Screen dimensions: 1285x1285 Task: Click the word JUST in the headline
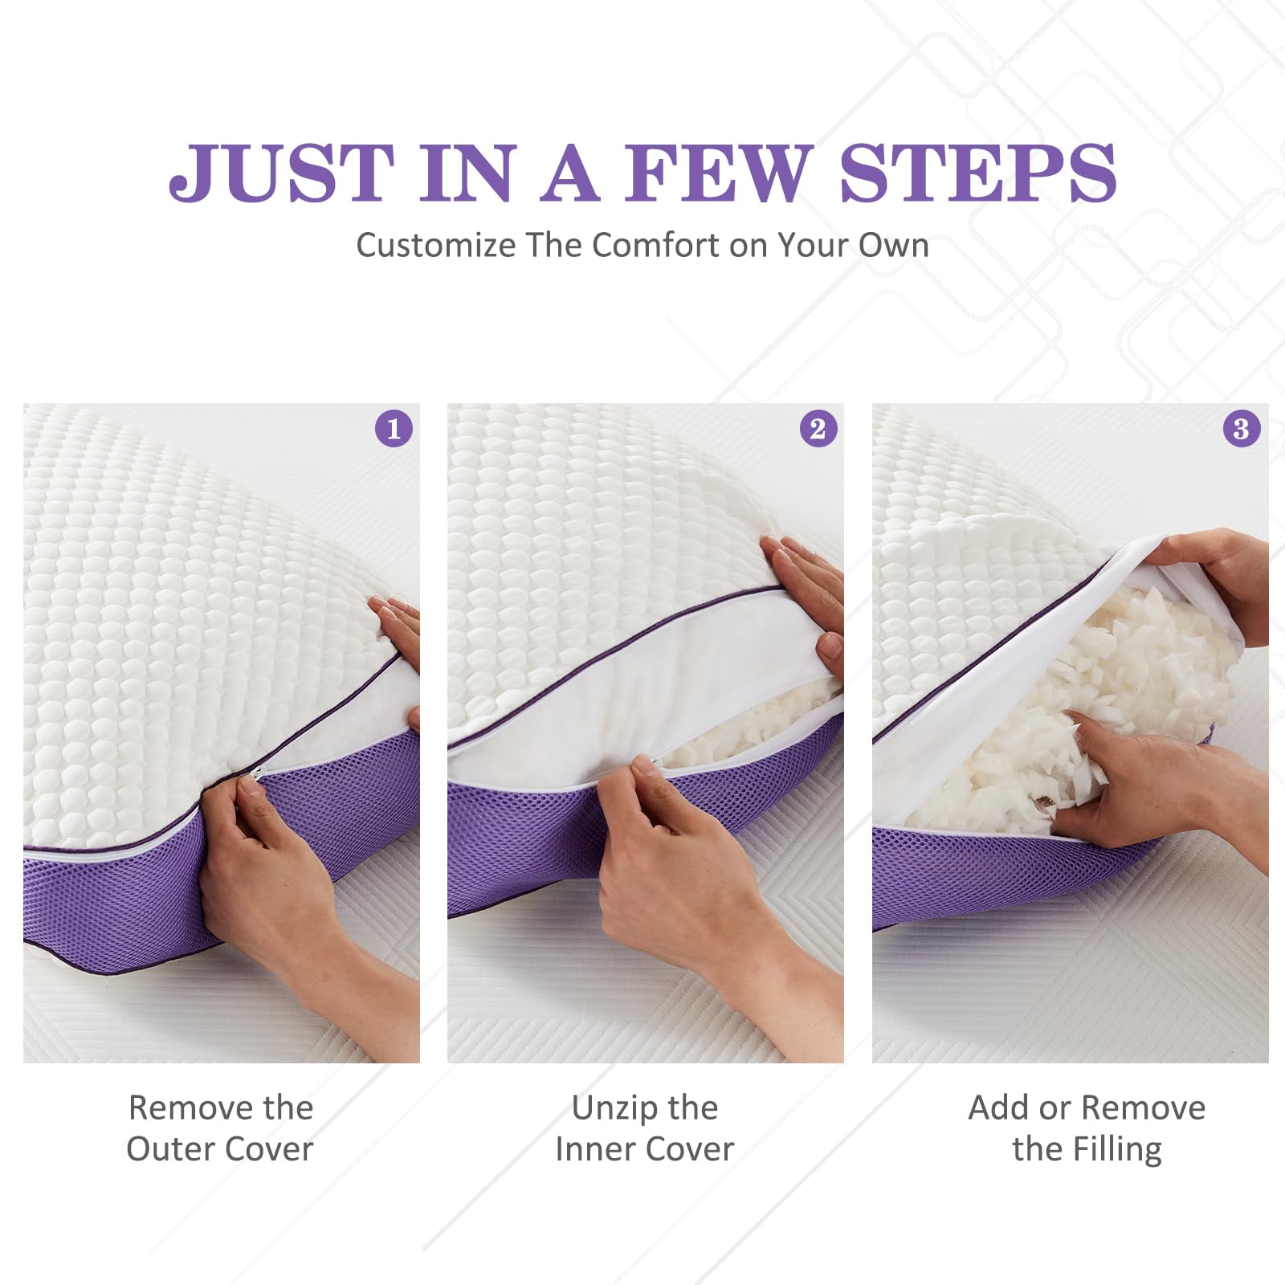pos(281,173)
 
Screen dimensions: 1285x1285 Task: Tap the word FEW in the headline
pos(719,173)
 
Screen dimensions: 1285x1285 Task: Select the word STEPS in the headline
pos(977,173)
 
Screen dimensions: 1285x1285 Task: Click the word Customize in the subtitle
pos(435,245)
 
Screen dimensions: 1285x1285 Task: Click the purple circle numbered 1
pos(394,428)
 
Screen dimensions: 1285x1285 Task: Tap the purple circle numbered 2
pos(818,428)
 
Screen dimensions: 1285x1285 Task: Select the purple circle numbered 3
pos(1241,428)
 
